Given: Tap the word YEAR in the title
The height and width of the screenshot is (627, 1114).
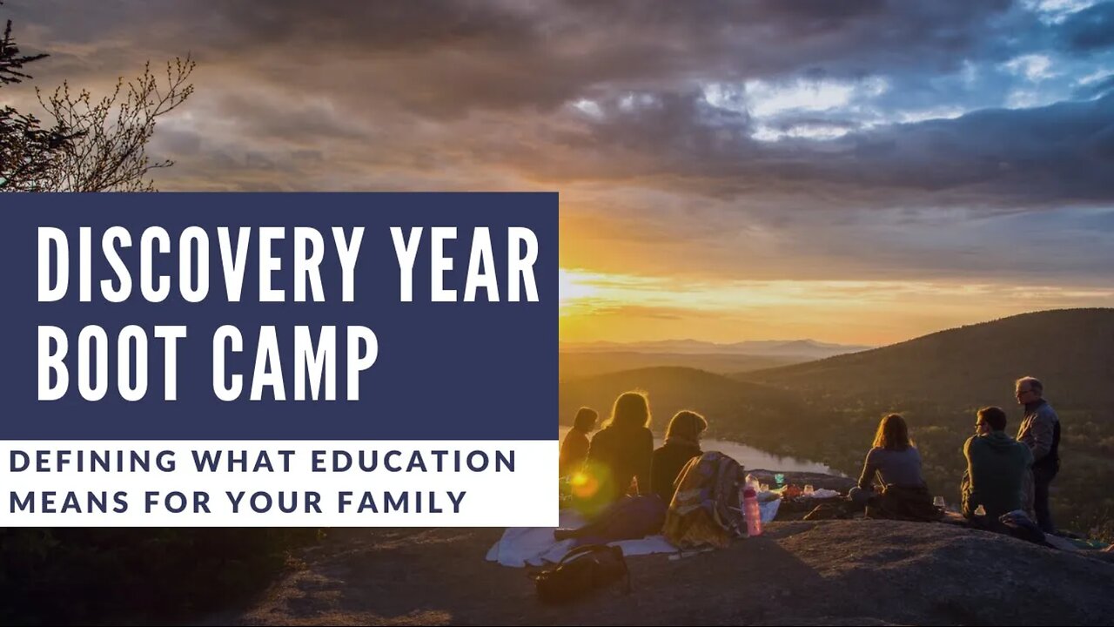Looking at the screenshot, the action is point(465,264).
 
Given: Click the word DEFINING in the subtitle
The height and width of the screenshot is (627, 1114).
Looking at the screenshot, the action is point(93,461).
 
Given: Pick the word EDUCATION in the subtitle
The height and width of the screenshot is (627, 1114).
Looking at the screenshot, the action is point(413,461).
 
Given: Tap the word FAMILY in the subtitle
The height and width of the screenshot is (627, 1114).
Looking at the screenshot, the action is point(402,502).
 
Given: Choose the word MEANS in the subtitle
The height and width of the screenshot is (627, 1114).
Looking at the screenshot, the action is point(69,502).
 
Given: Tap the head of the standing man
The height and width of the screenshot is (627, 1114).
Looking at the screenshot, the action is point(1029,391).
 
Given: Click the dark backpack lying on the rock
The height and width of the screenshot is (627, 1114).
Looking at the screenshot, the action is point(580,572).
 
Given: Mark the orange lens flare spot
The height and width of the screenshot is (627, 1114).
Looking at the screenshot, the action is point(580,480).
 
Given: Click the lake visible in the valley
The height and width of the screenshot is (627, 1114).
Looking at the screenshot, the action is point(756,455).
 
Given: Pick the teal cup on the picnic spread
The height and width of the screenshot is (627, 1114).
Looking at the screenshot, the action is point(779,479).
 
